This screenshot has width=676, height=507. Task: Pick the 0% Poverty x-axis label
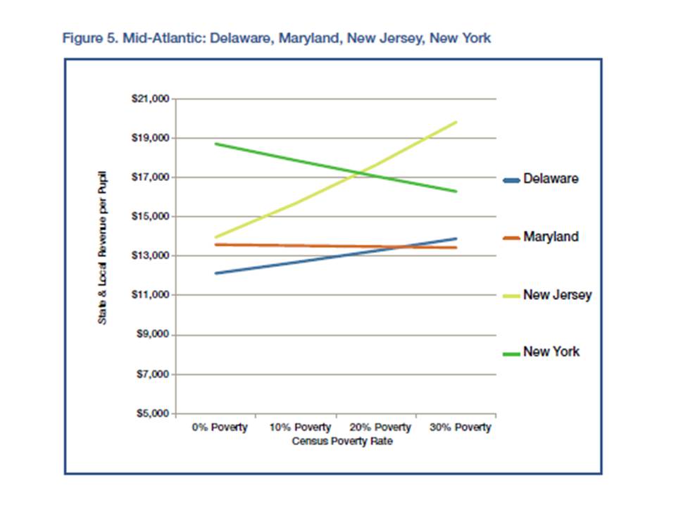click(220, 428)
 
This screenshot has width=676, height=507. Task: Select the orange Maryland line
click(296, 246)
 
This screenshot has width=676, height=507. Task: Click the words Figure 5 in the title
click(87, 38)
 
